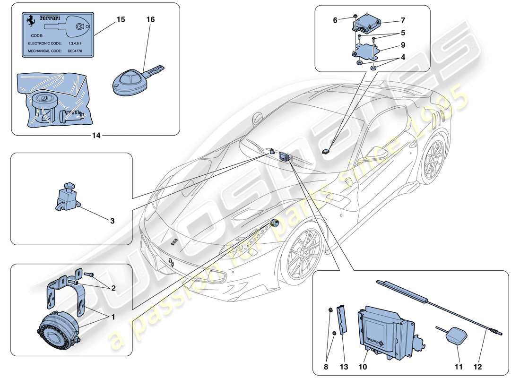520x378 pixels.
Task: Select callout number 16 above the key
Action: pyautogui.click(x=150, y=19)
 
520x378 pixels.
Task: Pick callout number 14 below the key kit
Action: pyautogui.click(x=96, y=135)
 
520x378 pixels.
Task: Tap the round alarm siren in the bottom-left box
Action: pyautogui.click(x=56, y=329)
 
